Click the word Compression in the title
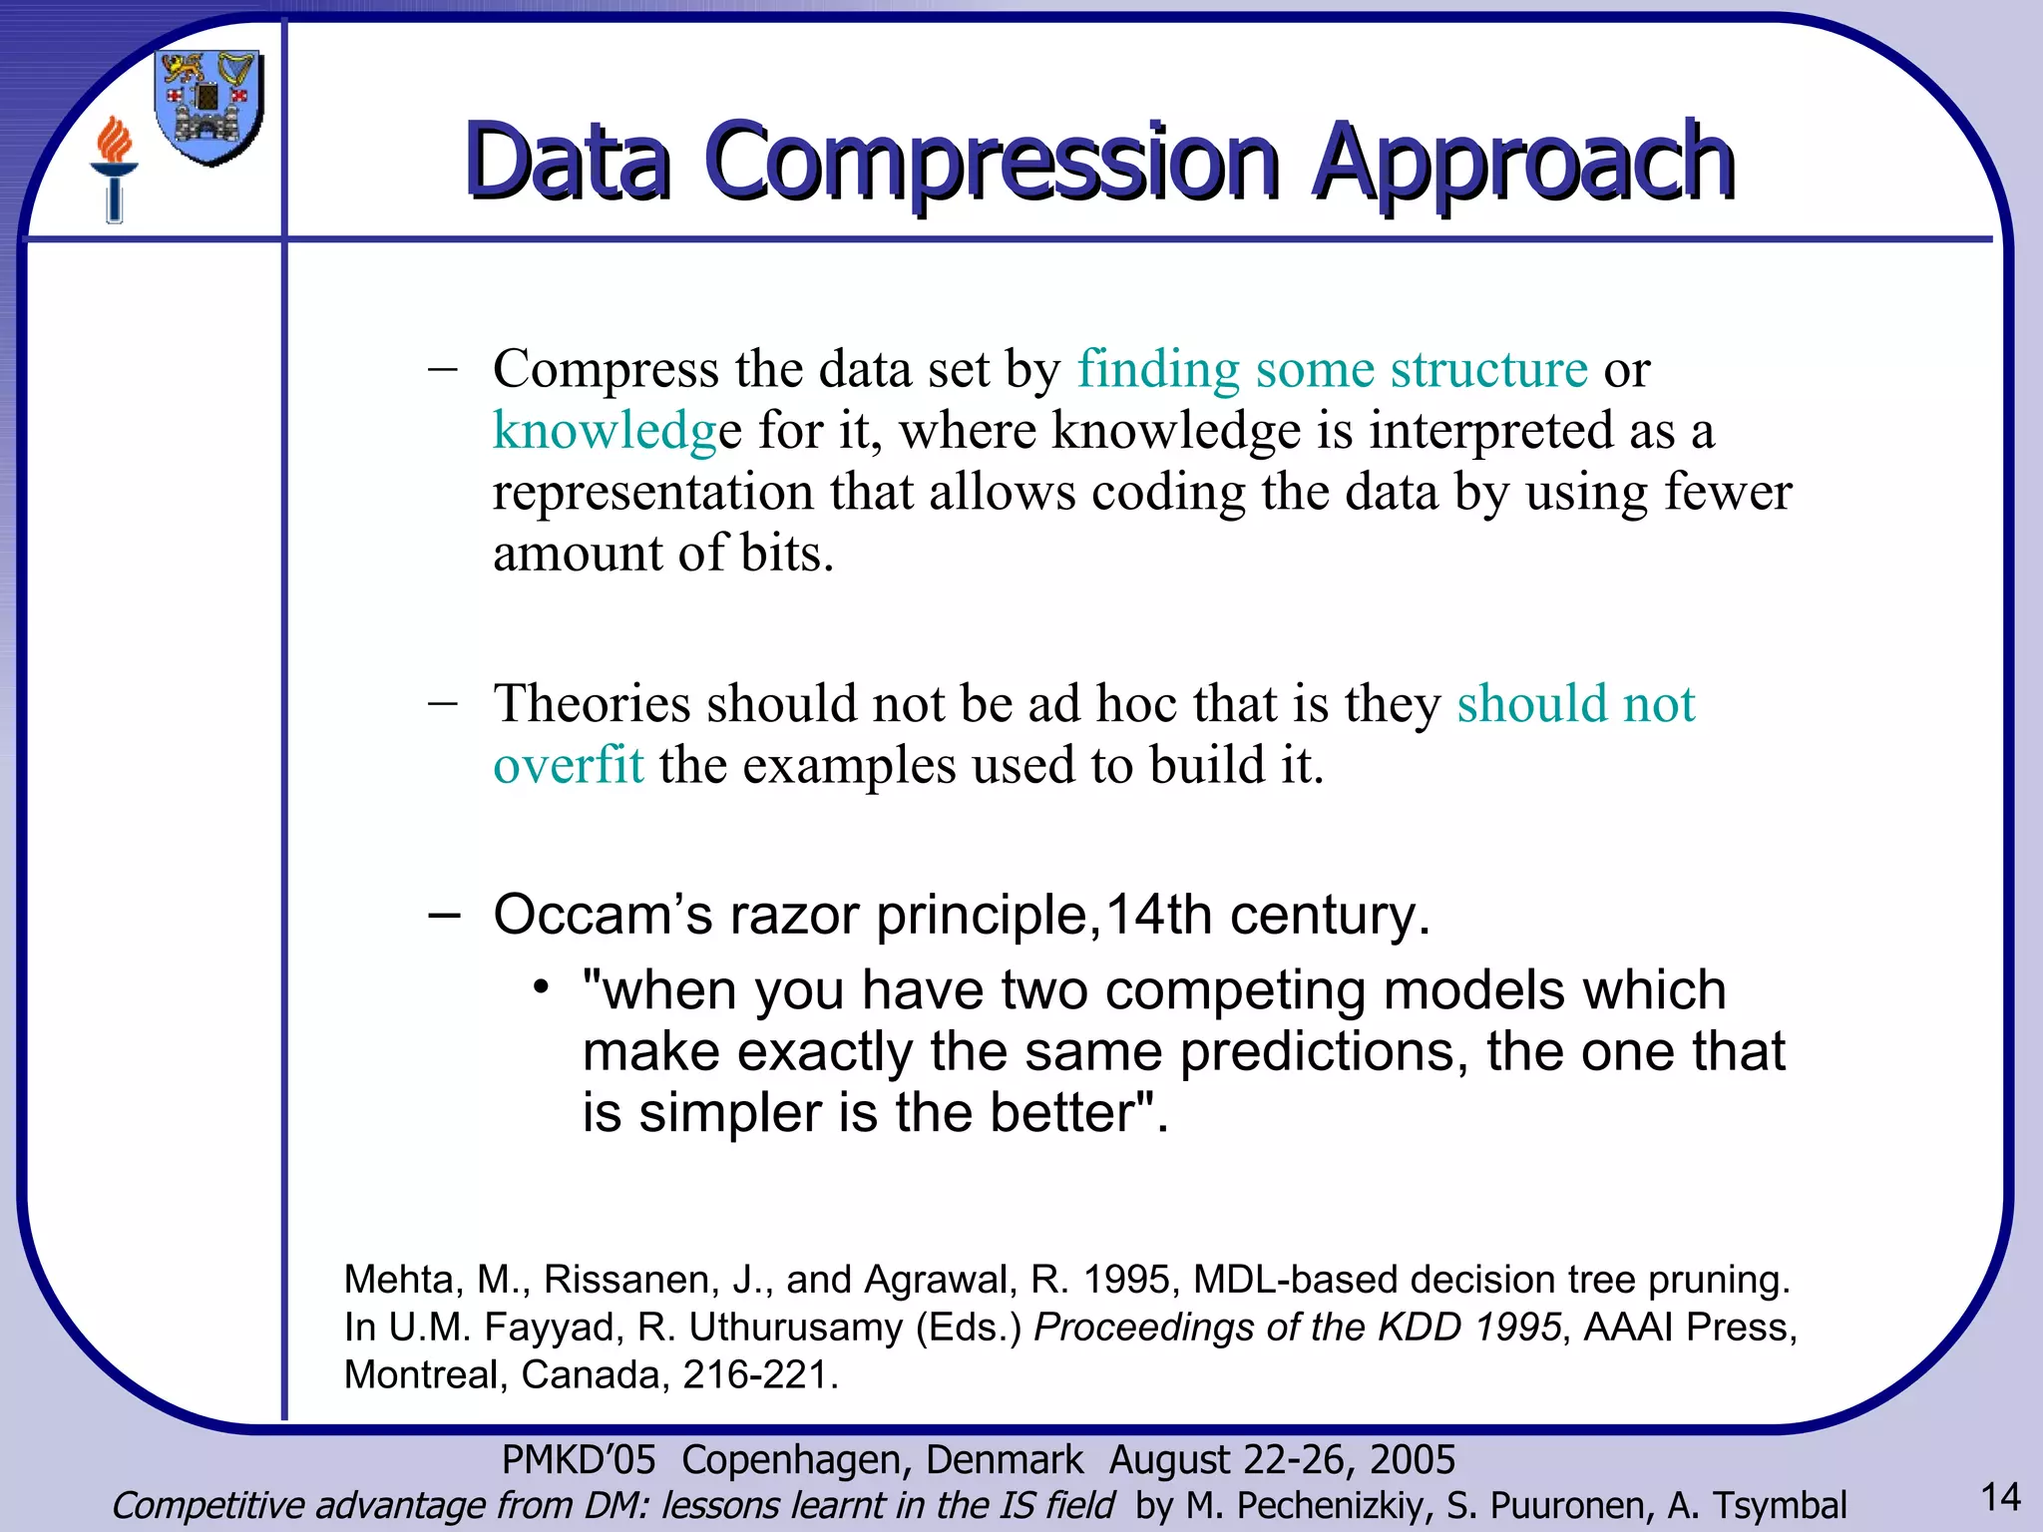click(993, 162)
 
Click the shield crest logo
click(209, 108)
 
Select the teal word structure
click(1488, 369)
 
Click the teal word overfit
click(568, 766)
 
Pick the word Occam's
click(602, 915)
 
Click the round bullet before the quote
click(541, 988)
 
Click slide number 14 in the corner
click(1999, 1498)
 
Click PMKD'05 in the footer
click(578, 1460)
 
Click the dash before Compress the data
click(442, 369)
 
